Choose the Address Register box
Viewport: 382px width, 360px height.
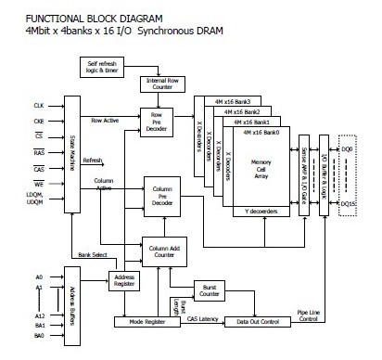point(123,280)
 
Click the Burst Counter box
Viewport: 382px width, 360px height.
point(210,290)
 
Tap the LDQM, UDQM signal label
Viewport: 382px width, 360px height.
point(32,196)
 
